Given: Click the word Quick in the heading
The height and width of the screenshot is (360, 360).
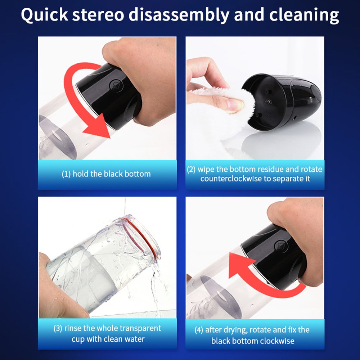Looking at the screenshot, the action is (x=44, y=15).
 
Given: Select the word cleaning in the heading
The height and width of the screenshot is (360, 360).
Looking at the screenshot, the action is (x=304, y=15).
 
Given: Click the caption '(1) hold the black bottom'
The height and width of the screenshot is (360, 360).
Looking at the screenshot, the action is (x=106, y=174).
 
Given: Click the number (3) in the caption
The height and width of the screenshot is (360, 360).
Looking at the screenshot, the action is (x=58, y=328).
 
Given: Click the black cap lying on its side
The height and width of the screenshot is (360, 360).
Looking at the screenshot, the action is (x=281, y=102).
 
